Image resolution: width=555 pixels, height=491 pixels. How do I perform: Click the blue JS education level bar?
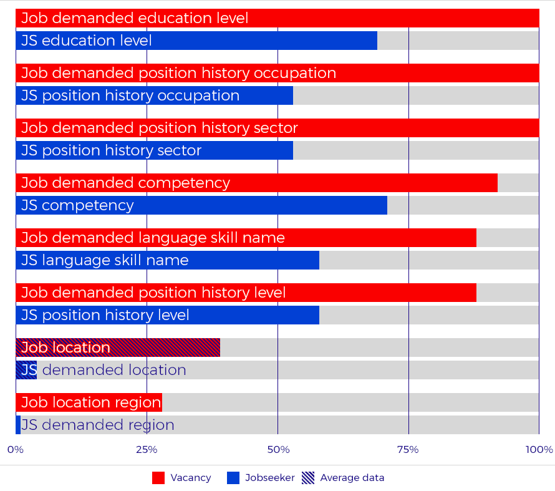point(196,41)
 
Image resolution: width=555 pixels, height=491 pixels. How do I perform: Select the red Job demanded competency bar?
point(256,183)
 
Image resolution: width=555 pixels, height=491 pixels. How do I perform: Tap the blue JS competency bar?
point(201,205)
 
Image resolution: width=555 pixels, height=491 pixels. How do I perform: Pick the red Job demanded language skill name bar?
point(246,238)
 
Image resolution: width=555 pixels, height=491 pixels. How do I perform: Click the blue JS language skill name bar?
point(167,260)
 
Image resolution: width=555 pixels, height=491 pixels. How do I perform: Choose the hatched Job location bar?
point(118,348)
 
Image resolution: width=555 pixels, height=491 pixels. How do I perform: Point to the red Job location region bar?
point(89,402)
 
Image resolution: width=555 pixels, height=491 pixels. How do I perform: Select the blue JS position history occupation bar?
point(154,95)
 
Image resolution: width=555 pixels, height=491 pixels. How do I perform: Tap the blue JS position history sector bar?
point(154,150)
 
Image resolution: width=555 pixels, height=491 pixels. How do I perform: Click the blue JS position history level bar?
point(167,315)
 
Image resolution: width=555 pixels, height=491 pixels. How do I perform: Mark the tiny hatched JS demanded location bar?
point(26,370)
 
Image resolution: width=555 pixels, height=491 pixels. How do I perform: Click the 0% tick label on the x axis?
point(16,450)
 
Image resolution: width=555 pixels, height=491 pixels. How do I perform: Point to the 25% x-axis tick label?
point(147,450)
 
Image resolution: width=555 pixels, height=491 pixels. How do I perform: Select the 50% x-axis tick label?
point(277,450)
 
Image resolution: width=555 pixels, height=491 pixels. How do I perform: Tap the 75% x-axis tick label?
point(408,450)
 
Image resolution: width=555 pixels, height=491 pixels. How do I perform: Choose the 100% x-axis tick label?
point(539,450)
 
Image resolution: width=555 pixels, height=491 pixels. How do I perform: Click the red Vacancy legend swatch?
point(158,478)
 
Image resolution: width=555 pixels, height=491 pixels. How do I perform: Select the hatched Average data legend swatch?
point(308,478)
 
